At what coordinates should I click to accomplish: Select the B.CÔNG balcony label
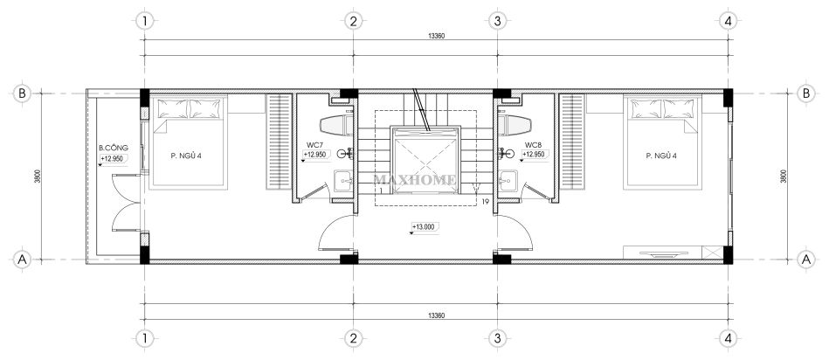tap(114, 148)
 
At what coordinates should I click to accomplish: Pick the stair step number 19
tap(486, 202)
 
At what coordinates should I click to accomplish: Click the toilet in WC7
tap(336, 125)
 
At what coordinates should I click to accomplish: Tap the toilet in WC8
tap(514, 125)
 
